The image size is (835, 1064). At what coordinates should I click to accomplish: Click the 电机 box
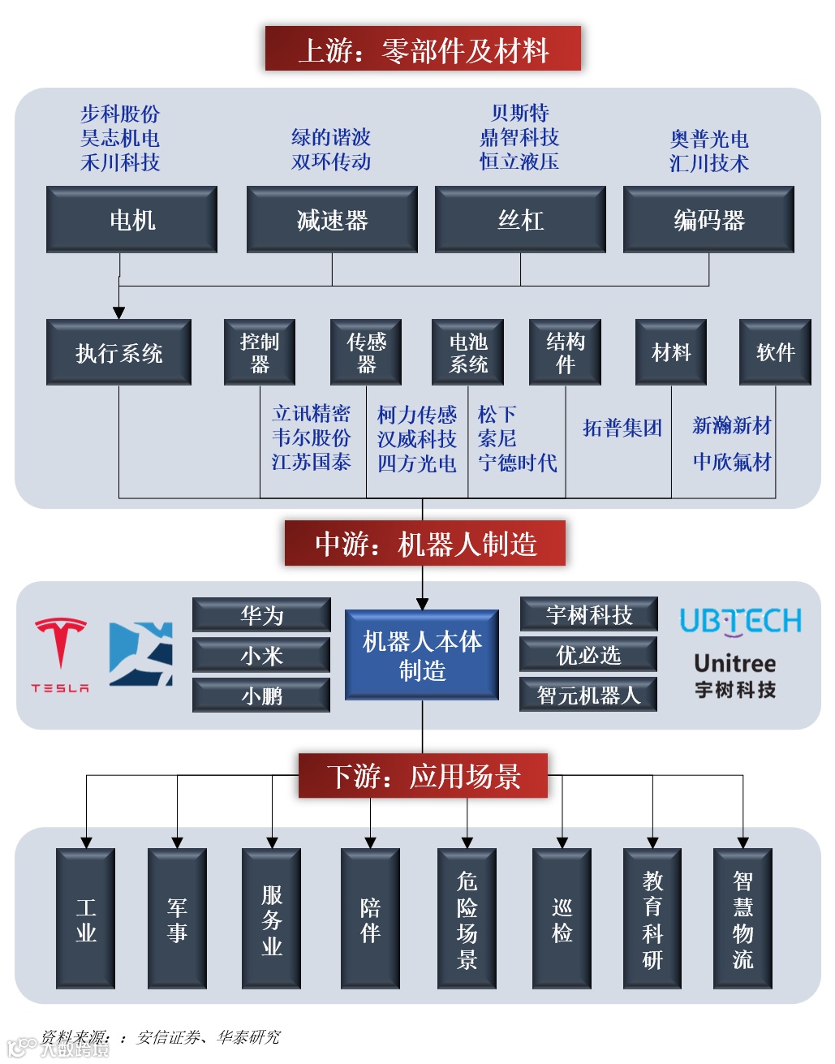pyautogui.click(x=131, y=220)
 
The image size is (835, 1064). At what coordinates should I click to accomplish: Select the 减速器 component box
pyautogui.click(x=332, y=220)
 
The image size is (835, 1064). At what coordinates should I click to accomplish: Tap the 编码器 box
pyautogui.click(x=708, y=220)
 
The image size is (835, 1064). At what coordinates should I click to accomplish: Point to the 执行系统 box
pyautogui.click(x=118, y=352)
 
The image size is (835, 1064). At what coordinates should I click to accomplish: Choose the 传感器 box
pyautogui.click(x=366, y=352)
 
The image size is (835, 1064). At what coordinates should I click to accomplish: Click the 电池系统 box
pyautogui.click(x=468, y=352)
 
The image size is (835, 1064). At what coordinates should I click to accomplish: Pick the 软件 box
pyautogui.click(x=775, y=352)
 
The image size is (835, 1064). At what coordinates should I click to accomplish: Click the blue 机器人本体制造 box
pyautogui.click(x=422, y=655)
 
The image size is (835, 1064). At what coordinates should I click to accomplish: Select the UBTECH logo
pyautogui.click(x=740, y=622)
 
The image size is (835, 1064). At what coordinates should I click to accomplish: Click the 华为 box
pyautogui.click(x=261, y=615)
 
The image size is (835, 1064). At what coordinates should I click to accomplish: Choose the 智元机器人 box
pyautogui.click(x=588, y=695)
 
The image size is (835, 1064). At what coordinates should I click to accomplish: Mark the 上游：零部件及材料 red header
pyautogui.click(x=423, y=50)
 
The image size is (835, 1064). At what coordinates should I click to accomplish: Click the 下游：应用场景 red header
pyautogui.click(x=423, y=776)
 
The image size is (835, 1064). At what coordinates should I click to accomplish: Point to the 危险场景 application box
pyautogui.click(x=467, y=919)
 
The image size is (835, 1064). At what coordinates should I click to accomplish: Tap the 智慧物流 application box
pyautogui.click(x=742, y=919)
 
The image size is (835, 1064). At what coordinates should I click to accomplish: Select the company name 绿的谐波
pyautogui.click(x=331, y=137)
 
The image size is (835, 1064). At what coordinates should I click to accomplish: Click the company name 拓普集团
pyautogui.click(x=622, y=428)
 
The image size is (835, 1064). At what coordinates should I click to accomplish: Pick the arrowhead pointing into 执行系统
pyautogui.click(x=119, y=312)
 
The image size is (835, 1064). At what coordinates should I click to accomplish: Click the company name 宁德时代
pyautogui.click(x=518, y=463)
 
